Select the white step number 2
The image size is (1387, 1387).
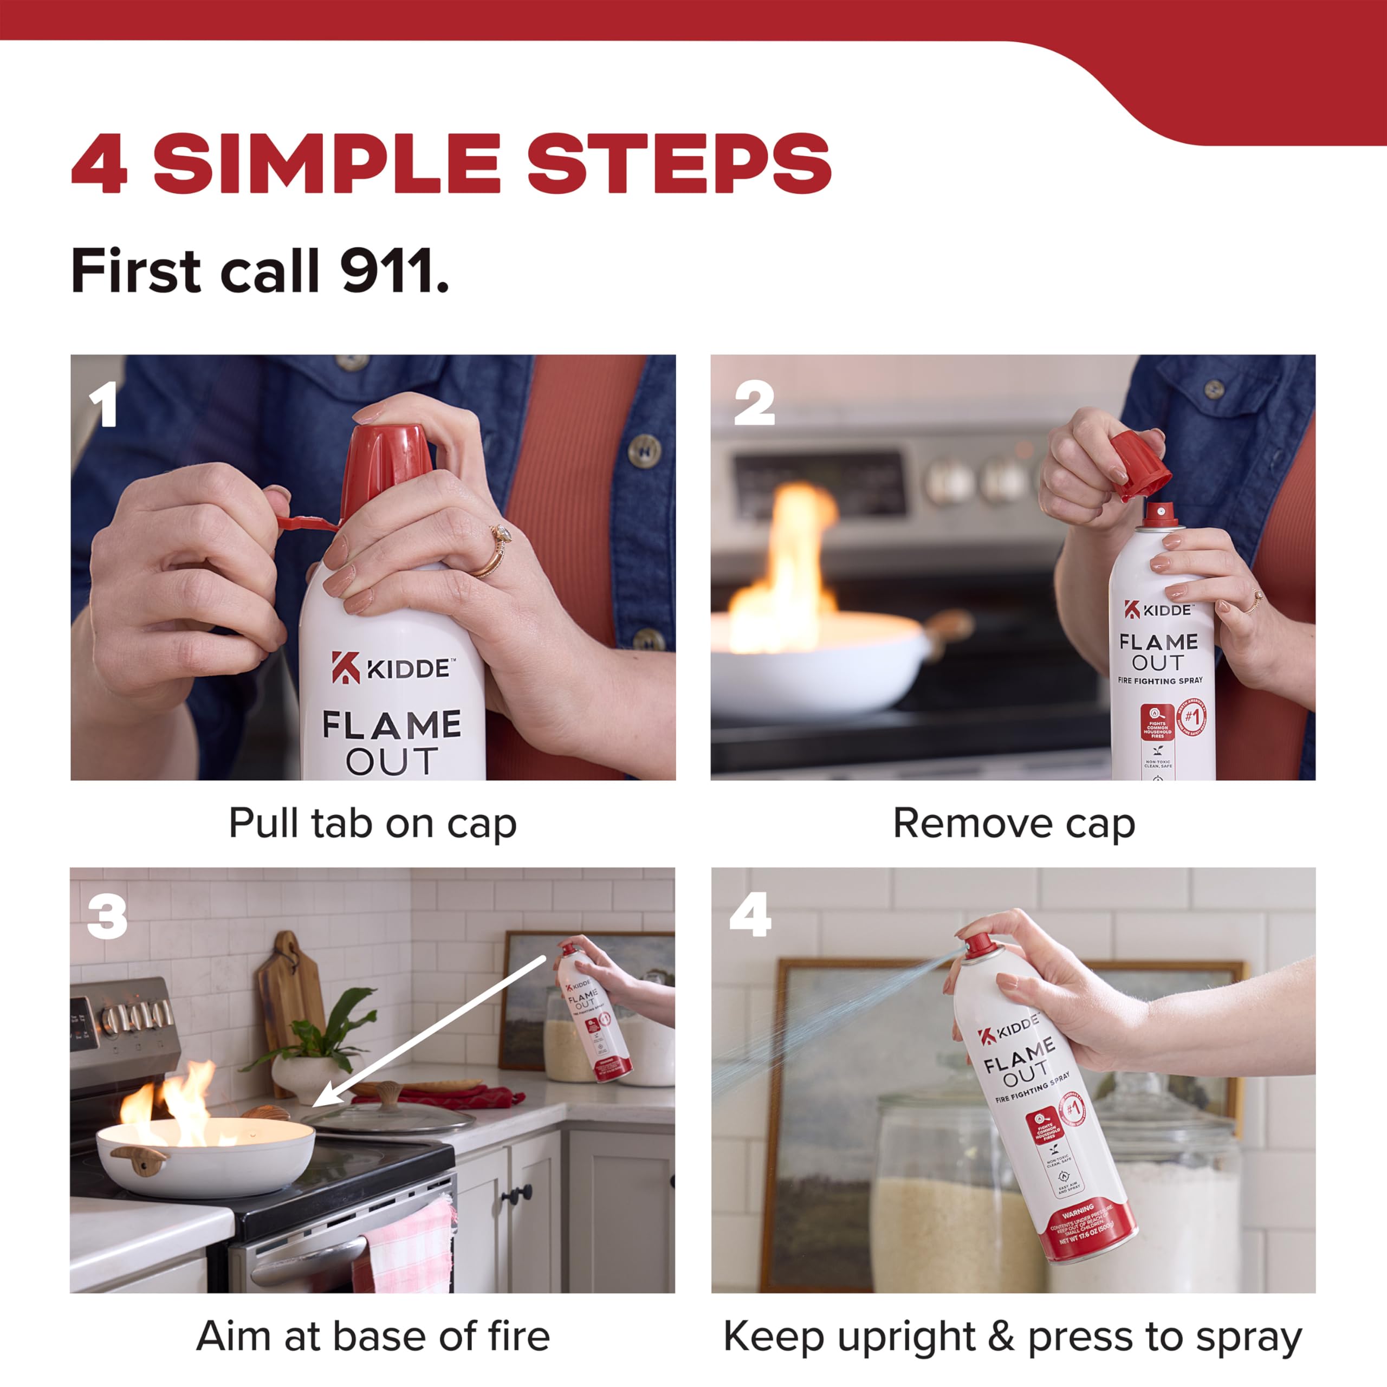coord(754,404)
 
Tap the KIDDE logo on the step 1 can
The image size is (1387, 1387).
coord(392,667)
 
